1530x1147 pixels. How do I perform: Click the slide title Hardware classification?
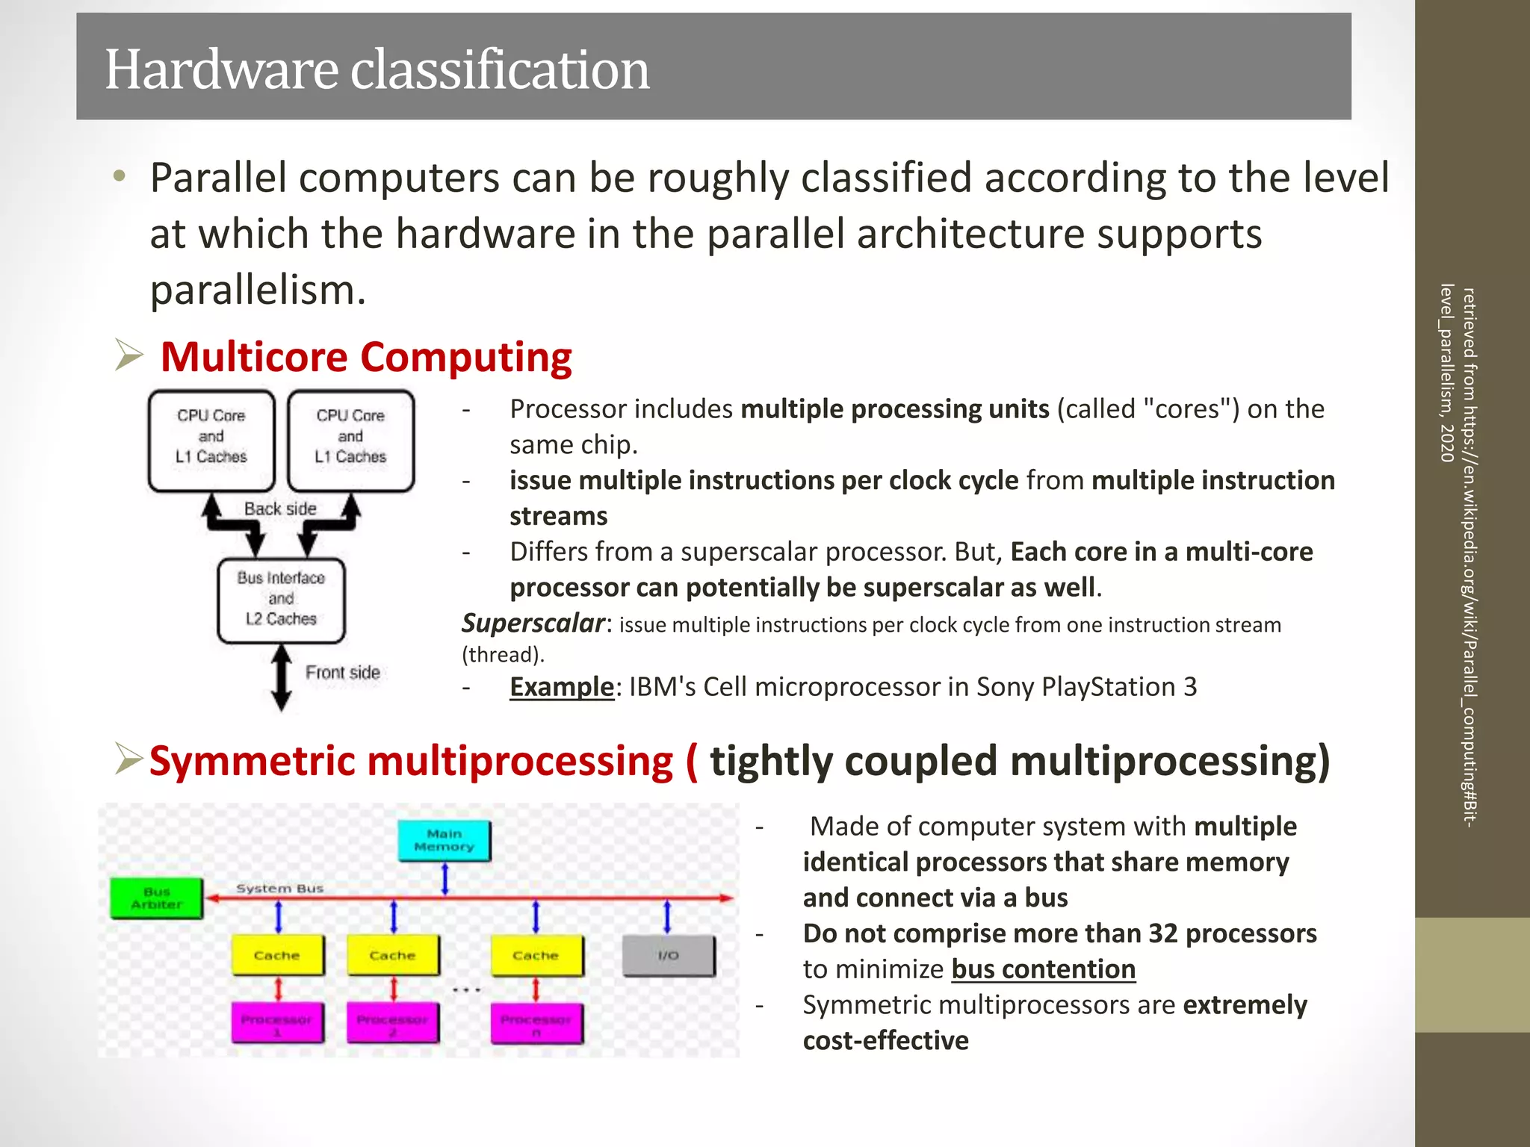point(377,69)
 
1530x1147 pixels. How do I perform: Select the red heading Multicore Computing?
point(365,357)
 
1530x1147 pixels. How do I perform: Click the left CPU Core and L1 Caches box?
point(211,441)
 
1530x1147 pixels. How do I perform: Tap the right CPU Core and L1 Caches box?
point(350,441)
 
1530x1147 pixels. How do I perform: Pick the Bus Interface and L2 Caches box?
point(281,600)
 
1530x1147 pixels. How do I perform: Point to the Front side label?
point(342,672)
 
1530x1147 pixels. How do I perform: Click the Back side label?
point(280,509)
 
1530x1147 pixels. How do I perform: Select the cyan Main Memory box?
point(445,841)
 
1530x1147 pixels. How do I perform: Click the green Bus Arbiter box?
point(157,898)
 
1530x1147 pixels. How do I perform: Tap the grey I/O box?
point(668,956)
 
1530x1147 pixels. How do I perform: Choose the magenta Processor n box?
point(536,1024)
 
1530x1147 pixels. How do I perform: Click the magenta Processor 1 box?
point(277,1024)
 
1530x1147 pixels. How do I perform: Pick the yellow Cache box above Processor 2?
point(393,956)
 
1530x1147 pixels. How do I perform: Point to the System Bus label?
point(279,889)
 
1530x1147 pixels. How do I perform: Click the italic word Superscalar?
point(533,623)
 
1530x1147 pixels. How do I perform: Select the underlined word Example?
point(561,686)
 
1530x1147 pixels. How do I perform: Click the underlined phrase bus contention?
point(1043,969)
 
